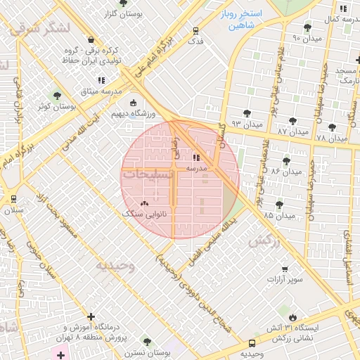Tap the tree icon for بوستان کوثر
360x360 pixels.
click(x=57, y=95)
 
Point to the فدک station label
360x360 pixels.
click(x=195, y=41)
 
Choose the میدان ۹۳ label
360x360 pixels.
click(x=246, y=124)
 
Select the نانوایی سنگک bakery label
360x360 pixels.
click(x=146, y=212)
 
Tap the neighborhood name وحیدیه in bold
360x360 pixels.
click(x=115, y=265)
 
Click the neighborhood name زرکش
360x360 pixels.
click(x=264, y=240)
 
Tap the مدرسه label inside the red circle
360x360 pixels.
click(x=195, y=169)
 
